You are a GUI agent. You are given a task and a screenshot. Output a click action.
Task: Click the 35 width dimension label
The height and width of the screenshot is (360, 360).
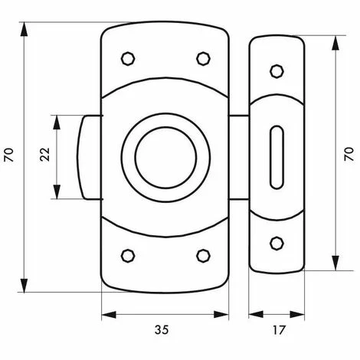[x=162, y=329]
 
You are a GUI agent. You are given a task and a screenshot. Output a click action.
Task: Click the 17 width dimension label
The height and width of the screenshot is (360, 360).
[x=279, y=330]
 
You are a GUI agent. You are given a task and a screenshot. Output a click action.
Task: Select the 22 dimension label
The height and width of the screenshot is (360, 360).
[x=45, y=154]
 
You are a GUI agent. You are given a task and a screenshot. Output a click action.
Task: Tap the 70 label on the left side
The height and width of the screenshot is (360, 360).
[x=9, y=155]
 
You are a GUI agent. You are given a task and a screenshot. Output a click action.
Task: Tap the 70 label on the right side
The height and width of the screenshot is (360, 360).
[x=349, y=154]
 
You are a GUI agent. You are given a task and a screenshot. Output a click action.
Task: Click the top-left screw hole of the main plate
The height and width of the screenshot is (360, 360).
[x=128, y=59]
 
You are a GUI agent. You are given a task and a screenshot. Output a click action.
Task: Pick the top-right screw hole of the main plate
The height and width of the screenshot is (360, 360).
[x=204, y=59]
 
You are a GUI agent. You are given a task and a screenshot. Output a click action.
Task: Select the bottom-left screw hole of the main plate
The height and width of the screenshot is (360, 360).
[x=128, y=256]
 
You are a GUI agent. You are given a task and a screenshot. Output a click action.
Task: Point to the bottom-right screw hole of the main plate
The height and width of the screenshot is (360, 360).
[x=204, y=256]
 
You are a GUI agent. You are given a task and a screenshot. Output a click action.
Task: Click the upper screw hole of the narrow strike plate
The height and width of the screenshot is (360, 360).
[x=277, y=71]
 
